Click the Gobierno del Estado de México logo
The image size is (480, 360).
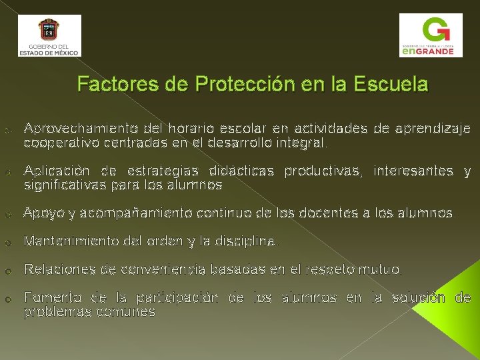[49, 35]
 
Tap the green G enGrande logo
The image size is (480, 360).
[430, 36]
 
